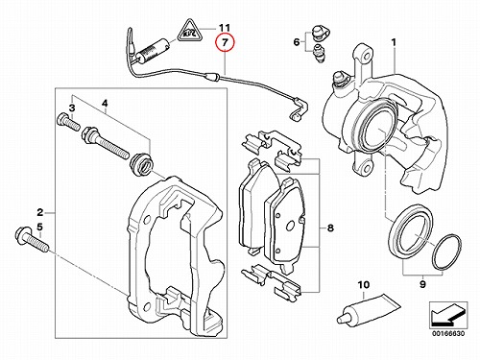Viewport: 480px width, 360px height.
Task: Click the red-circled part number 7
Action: coord(225,42)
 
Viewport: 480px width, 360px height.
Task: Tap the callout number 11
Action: coord(225,28)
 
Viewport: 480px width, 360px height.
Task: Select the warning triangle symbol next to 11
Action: coord(190,31)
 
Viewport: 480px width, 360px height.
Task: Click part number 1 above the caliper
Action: coord(394,42)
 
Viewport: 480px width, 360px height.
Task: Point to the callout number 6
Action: coord(297,41)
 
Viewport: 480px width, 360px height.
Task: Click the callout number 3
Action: coord(72,108)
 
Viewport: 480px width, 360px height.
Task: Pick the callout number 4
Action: coord(105,103)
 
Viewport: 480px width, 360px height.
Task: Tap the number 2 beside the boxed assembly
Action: coord(39,212)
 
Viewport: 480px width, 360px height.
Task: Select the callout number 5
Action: coord(39,228)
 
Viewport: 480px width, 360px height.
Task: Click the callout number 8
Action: coord(330,228)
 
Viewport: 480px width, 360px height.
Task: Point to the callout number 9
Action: coord(422,284)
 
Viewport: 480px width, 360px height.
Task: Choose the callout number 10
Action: coord(364,284)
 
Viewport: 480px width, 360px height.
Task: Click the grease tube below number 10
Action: coord(368,310)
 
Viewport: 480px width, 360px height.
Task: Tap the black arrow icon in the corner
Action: coord(448,316)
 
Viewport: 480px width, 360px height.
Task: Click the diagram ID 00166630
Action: coord(448,333)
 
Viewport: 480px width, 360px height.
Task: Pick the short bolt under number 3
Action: coord(68,122)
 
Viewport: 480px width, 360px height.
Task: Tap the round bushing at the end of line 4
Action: coord(142,164)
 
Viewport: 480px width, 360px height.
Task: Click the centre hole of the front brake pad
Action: coord(291,226)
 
